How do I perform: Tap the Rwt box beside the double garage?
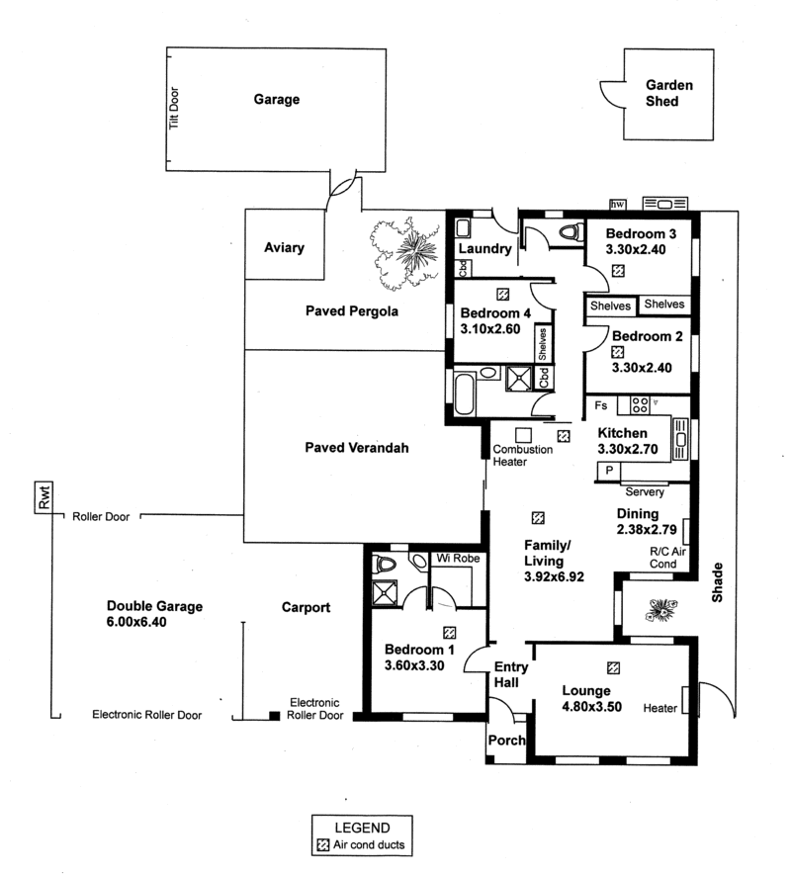44,502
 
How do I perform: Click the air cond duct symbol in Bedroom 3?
618,270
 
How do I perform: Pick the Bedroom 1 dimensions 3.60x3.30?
420,667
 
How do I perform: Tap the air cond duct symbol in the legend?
322,845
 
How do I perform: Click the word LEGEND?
362,828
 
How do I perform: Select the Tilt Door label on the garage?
173,109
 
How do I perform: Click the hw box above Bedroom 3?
619,204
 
